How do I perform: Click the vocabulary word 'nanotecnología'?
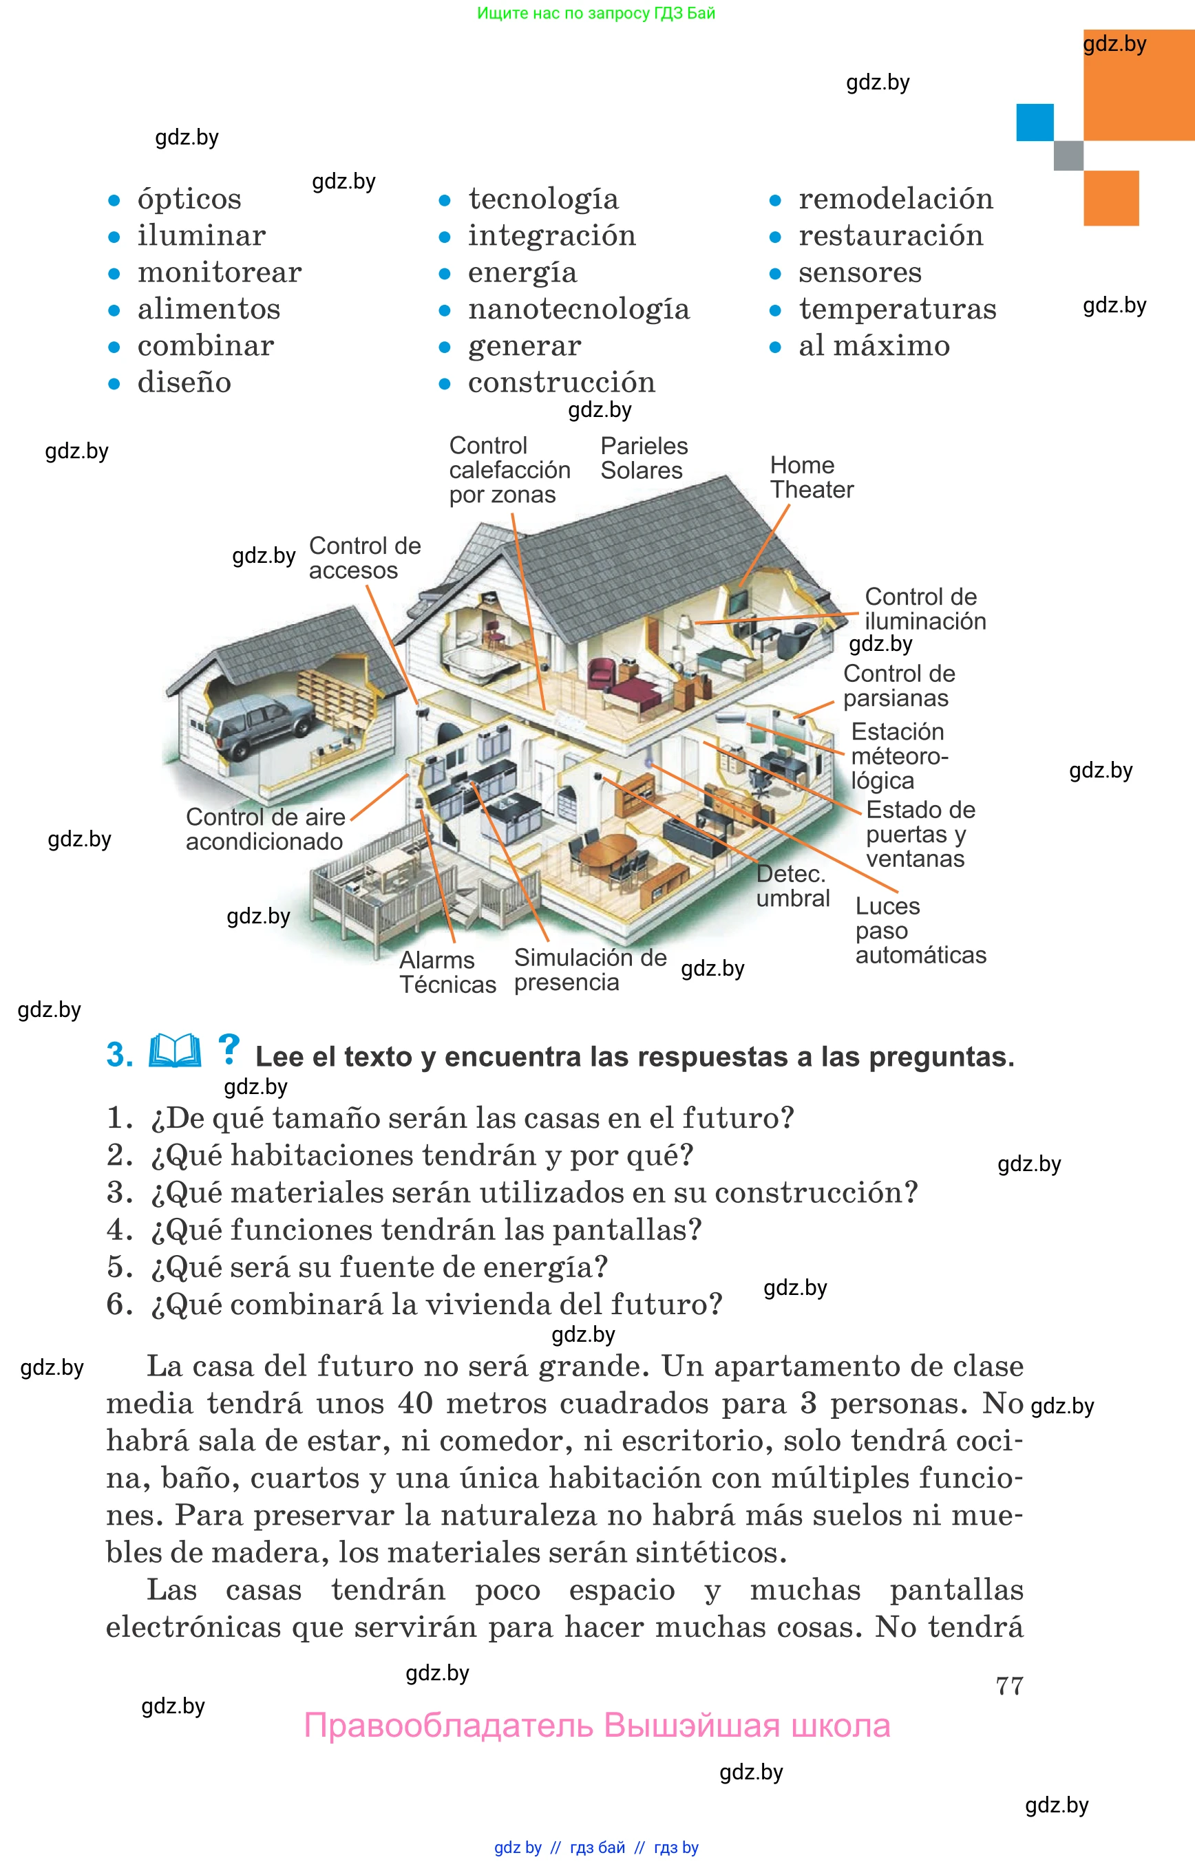pyautogui.click(x=578, y=310)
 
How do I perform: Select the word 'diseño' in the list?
pyautogui.click(x=184, y=383)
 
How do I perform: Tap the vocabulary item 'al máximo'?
pyautogui.click(x=874, y=346)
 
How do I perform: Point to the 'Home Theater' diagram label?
pyautogui.click(x=811, y=477)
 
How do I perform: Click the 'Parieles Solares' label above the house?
pyautogui.click(x=644, y=458)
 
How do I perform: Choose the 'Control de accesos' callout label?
pyautogui.click(x=364, y=558)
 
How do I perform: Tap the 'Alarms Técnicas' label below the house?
pyautogui.click(x=447, y=972)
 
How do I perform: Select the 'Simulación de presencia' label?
pyautogui.click(x=590, y=970)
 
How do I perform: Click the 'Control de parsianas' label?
pyautogui.click(x=898, y=686)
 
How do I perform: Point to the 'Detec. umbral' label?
pyautogui.click(x=792, y=886)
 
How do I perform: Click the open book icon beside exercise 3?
pyautogui.click(x=175, y=1052)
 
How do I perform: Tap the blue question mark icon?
pyautogui.click(x=228, y=1049)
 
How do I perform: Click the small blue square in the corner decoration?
pyautogui.click(x=1035, y=122)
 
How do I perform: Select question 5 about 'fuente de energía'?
pyautogui.click(x=358, y=1267)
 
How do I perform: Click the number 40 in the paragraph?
pyautogui.click(x=415, y=1403)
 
